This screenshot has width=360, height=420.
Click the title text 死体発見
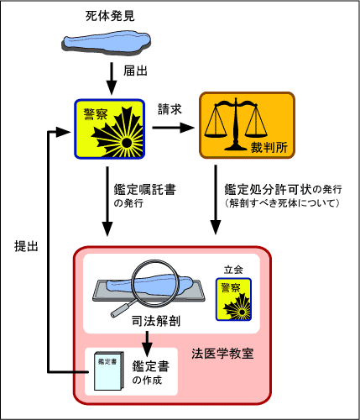click(110, 16)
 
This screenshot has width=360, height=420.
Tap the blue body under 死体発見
click(107, 43)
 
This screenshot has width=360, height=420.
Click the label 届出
click(135, 71)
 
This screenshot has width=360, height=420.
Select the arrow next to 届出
click(112, 78)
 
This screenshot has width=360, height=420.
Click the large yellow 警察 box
click(109, 129)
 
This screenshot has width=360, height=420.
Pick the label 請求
click(170, 109)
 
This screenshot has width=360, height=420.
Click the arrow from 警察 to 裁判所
click(173, 128)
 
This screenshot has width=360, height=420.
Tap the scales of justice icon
click(236, 123)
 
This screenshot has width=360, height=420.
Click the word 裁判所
click(269, 147)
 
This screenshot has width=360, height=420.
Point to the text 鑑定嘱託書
click(145, 190)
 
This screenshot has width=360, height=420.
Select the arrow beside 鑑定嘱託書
click(107, 202)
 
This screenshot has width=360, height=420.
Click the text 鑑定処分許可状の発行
click(283, 190)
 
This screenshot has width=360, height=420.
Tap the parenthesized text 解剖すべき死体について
click(282, 203)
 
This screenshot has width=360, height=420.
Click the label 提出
click(26, 246)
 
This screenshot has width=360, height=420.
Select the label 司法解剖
click(156, 321)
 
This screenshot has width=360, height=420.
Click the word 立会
click(233, 270)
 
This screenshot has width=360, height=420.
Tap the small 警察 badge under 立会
click(233, 299)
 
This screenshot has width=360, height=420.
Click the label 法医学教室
click(222, 354)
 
